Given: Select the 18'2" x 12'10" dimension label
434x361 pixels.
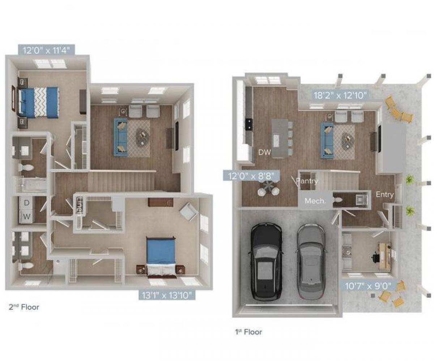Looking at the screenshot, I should click(x=341, y=95).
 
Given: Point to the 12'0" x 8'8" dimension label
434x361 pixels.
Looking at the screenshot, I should click(x=251, y=176).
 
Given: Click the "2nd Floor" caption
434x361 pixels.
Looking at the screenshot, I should click(x=24, y=308).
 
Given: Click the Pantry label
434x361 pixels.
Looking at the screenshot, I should click(x=307, y=181).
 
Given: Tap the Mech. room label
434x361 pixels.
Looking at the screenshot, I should click(x=315, y=201).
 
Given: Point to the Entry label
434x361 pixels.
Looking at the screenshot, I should click(x=385, y=195).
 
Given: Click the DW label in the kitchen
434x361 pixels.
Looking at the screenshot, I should click(x=264, y=152).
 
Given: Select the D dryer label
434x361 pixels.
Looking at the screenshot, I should click(x=26, y=203).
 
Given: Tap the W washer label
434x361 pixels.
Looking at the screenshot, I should click(x=26, y=217).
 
